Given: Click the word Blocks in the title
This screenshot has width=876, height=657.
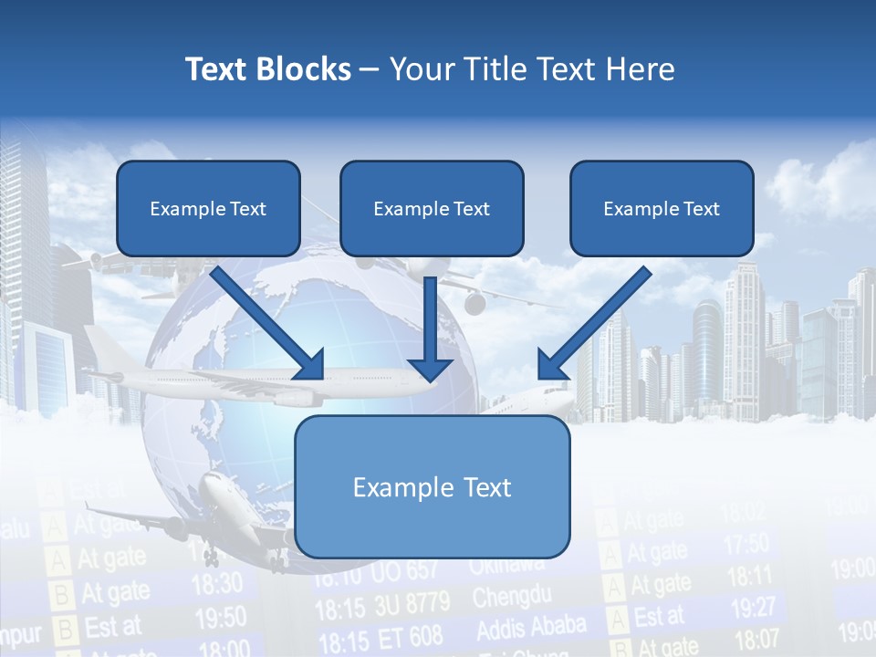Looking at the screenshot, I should tap(304, 69).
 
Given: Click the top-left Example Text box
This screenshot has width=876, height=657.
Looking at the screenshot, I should tap(208, 209).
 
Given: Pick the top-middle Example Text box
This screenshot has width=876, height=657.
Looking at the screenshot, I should tap(432, 209).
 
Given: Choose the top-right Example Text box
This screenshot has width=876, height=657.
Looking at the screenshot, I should tap(662, 209).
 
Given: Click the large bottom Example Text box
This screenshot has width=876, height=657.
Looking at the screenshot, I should tap(432, 487).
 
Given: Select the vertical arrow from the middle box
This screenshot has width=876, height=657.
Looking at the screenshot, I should tap(430, 328).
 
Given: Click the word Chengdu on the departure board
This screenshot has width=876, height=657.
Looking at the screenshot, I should tap(512, 598).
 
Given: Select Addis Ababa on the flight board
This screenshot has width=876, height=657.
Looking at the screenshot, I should tap(531, 628).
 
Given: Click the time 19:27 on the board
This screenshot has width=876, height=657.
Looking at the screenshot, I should tap(754, 607).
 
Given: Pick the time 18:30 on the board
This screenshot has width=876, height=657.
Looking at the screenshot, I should tap(217, 582).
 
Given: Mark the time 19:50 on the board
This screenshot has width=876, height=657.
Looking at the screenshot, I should tap(221, 618).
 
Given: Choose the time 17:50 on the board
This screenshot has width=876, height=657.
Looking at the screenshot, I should tap(746, 545).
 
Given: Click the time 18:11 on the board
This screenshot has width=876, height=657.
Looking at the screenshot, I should tap(750, 576).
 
